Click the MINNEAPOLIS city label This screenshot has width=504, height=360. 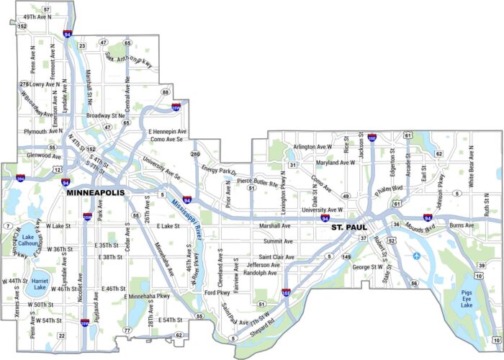(x=95, y=194)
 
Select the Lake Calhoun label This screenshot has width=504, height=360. (x=27, y=240)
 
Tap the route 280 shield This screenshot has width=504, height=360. (x=195, y=154)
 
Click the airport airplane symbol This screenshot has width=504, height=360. (x=417, y=255)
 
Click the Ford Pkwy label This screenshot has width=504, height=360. (x=217, y=293)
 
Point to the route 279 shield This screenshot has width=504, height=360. (x=24, y=84)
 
